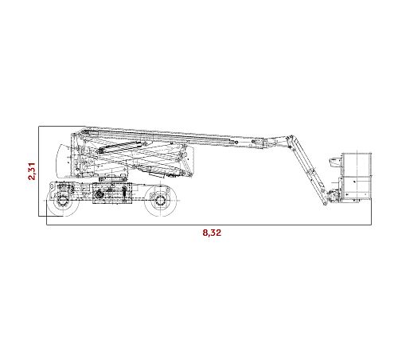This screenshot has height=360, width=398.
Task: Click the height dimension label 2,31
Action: pyautogui.click(x=32, y=171)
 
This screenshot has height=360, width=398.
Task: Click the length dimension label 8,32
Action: pyautogui.click(x=212, y=233)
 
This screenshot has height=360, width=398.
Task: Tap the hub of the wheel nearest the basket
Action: pyautogui.click(x=160, y=200)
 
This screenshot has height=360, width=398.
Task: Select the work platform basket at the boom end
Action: pyautogui.click(x=357, y=178)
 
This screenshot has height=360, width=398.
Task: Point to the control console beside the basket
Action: pyautogui.click(x=335, y=162)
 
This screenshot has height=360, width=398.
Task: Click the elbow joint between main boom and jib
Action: pyautogui.click(x=290, y=139)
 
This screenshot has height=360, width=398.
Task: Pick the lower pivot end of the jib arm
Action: pyautogui.click(x=325, y=202)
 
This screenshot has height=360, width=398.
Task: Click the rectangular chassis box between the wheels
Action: pyautogui.click(x=112, y=193)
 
